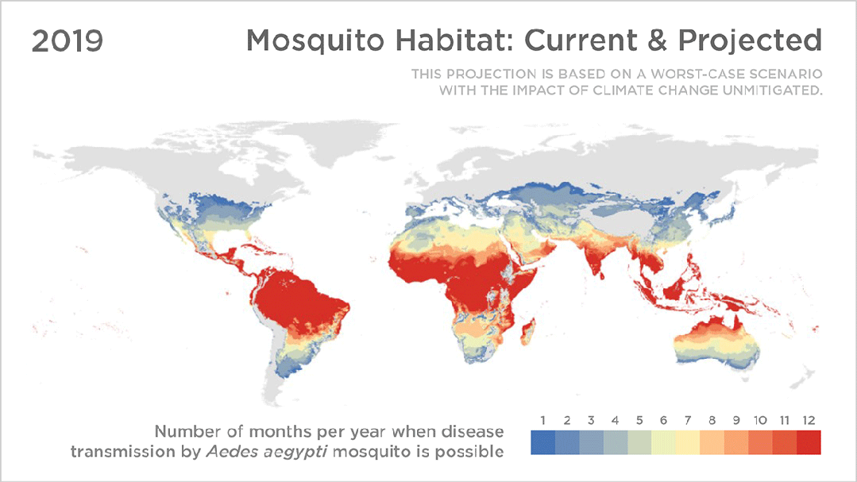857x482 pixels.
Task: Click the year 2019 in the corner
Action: point(68,41)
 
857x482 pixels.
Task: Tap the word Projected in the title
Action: point(750,40)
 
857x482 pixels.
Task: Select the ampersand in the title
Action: point(657,40)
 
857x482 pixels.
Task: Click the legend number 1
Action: point(542,420)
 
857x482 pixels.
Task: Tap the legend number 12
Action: point(809,420)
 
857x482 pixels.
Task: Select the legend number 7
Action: point(688,420)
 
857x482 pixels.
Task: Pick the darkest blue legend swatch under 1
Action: point(542,442)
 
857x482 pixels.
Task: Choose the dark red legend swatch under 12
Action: point(809,442)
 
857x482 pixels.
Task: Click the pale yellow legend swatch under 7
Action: point(688,442)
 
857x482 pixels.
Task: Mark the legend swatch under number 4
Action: point(616,442)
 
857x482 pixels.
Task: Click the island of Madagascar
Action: point(527,333)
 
